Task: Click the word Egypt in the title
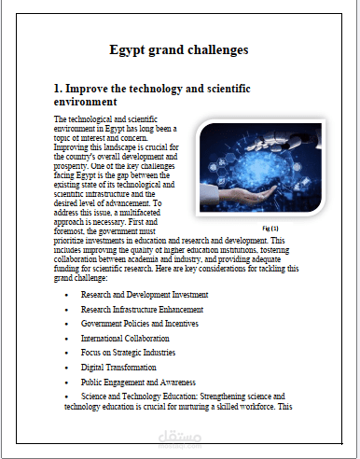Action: (127, 48)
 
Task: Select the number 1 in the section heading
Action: (58, 88)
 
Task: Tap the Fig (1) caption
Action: (271, 228)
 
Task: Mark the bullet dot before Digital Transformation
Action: (65, 368)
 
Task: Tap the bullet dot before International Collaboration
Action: (65, 338)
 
